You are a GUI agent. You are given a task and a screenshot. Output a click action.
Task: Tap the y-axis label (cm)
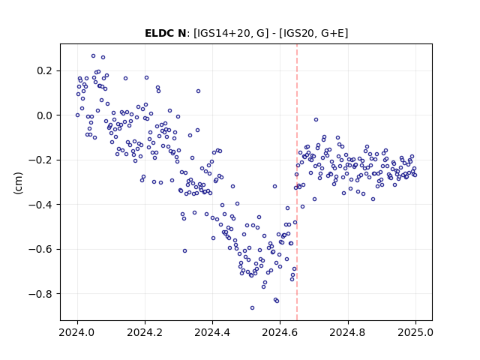click(x=18, y=183)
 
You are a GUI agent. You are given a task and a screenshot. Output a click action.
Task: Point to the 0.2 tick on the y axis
click(x=45, y=71)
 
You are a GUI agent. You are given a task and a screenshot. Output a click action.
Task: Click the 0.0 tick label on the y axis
click(x=45, y=115)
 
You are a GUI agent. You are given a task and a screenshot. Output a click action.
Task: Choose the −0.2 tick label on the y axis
click(x=40, y=160)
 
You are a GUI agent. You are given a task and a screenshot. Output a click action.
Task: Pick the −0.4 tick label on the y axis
click(x=40, y=205)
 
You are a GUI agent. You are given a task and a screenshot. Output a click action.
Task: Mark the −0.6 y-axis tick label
click(x=40, y=249)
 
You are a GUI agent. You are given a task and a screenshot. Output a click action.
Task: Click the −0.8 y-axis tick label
click(x=40, y=294)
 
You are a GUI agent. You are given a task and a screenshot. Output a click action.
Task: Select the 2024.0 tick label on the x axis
click(x=77, y=332)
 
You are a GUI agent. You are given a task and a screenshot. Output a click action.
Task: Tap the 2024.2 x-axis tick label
click(x=145, y=332)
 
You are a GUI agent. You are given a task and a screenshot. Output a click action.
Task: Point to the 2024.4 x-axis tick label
click(x=212, y=332)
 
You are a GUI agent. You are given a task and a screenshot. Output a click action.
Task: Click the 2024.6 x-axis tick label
click(x=280, y=332)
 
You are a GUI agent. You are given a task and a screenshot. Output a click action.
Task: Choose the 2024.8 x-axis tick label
click(x=348, y=332)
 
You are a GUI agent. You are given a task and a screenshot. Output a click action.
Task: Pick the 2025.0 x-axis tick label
click(x=415, y=332)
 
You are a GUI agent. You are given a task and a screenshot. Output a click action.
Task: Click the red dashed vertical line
click(x=297, y=182)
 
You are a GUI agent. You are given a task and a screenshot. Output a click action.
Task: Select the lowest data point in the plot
click(x=252, y=307)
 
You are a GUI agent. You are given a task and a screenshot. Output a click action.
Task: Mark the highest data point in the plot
click(x=93, y=56)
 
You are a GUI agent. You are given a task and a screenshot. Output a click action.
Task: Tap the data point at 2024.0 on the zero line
click(x=77, y=115)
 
